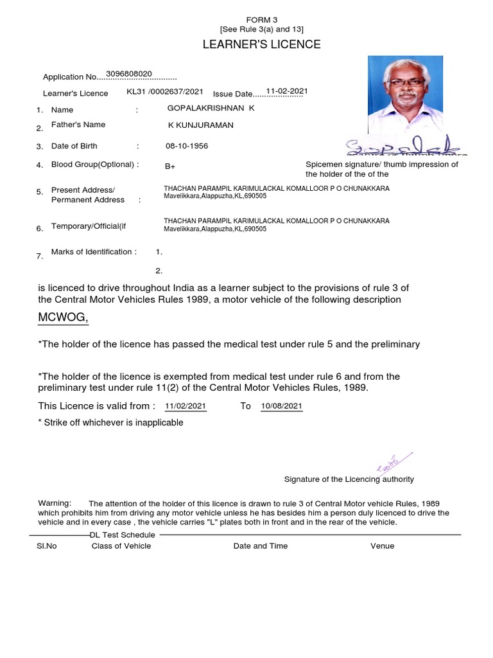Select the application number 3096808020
tap(128, 74)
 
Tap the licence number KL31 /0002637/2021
tap(165, 93)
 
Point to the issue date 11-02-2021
tap(287, 92)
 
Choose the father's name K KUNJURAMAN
tap(200, 125)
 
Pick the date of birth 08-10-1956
tap(187, 146)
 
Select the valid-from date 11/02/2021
tap(186, 407)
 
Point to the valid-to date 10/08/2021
tap(282, 407)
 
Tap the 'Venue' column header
tap(382, 546)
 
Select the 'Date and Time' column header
tap(261, 546)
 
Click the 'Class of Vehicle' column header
tap(121, 546)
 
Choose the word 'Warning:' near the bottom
tap(55, 502)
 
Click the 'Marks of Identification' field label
tap(94, 252)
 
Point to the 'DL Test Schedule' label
tap(122, 535)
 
